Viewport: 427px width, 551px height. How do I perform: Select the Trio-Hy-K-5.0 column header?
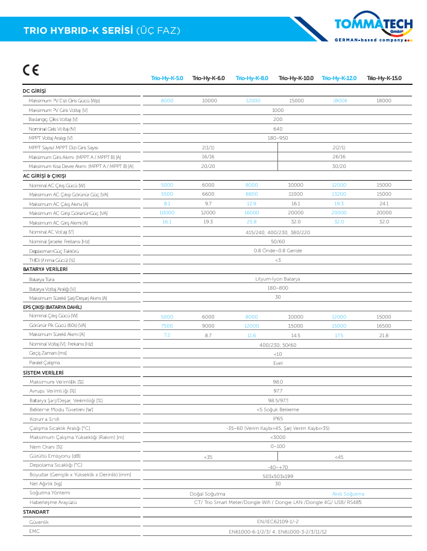tap(166, 78)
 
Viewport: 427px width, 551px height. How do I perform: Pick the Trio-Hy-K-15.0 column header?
tap(384, 78)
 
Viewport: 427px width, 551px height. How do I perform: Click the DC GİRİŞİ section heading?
tap(34, 91)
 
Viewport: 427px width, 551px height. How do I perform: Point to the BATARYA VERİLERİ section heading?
tap(45, 270)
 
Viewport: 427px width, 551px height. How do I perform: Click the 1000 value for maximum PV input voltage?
tap(277, 110)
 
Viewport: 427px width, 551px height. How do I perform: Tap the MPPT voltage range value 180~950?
tap(277, 138)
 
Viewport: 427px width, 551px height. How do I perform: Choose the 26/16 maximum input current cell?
tap(339, 157)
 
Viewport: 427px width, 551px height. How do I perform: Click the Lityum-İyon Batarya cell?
tap(277, 279)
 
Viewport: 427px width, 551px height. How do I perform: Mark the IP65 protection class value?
tap(277, 418)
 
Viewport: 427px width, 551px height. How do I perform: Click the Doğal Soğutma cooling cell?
tap(207, 493)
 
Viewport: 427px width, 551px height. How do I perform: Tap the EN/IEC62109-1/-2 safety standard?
tap(277, 522)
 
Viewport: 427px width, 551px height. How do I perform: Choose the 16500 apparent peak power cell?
tap(384, 326)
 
